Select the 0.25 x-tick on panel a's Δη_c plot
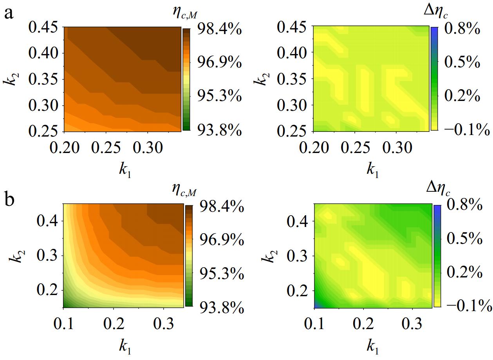click(x=355, y=148)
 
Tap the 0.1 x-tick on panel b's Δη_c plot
click(x=314, y=324)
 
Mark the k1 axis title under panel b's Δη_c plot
click(x=372, y=346)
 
